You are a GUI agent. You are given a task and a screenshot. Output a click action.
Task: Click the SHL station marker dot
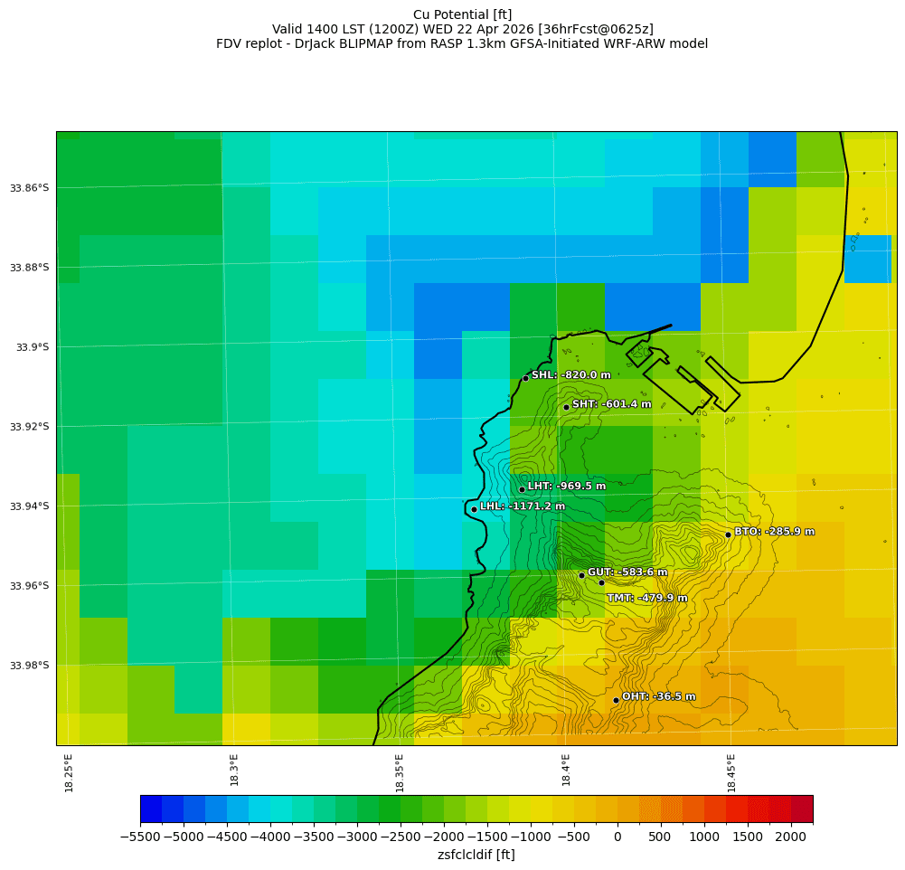(x=525, y=378)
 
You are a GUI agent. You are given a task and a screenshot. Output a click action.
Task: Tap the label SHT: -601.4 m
(x=611, y=404)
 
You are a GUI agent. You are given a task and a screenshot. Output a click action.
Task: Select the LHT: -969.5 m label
(x=566, y=487)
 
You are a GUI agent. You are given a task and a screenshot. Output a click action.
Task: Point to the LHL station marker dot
(x=474, y=509)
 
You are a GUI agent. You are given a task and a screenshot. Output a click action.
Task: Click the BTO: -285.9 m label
(x=774, y=532)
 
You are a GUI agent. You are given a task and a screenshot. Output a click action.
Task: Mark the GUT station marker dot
(x=581, y=575)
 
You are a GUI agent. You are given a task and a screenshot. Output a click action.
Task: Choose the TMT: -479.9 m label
(x=646, y=598)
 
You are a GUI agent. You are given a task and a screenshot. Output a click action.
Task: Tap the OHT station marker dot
(x=616, y=700)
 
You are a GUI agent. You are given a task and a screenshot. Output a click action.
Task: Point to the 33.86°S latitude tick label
(x=30, y=188)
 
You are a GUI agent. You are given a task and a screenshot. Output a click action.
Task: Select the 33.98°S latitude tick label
(x=30, y=666)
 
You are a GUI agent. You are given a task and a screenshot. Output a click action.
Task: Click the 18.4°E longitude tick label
(x=566, y=772)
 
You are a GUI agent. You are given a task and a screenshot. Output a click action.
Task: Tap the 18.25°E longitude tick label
(x=70, y=772)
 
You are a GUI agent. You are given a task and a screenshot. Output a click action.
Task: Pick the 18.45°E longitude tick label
(x=731, y=772)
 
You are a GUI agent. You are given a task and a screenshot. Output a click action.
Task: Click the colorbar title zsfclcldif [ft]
(x=476, y=855)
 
